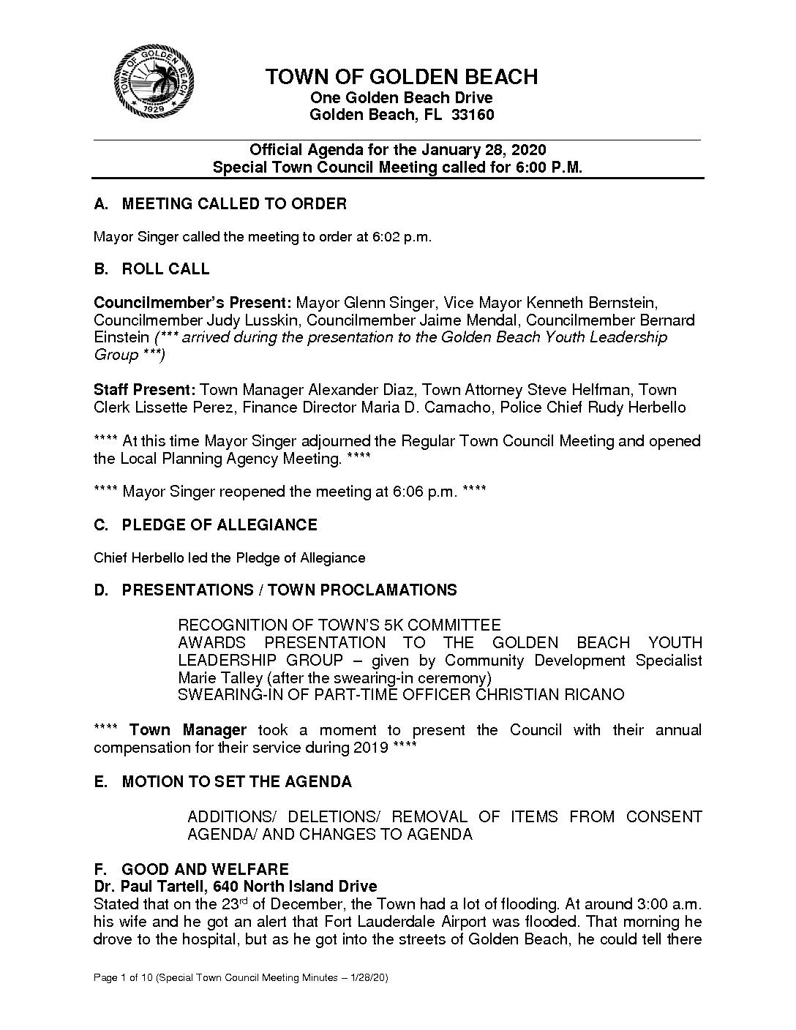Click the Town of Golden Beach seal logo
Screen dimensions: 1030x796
coord(154,86)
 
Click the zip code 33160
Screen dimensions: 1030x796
coord(473,115)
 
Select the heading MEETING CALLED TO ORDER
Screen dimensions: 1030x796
coord(233,204)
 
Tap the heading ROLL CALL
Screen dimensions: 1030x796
coord(165,269)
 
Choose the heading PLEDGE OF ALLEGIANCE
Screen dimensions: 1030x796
coord(219,525)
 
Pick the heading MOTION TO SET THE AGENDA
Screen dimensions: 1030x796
coord(236,782)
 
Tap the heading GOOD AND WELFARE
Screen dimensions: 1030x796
coord(205,869)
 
